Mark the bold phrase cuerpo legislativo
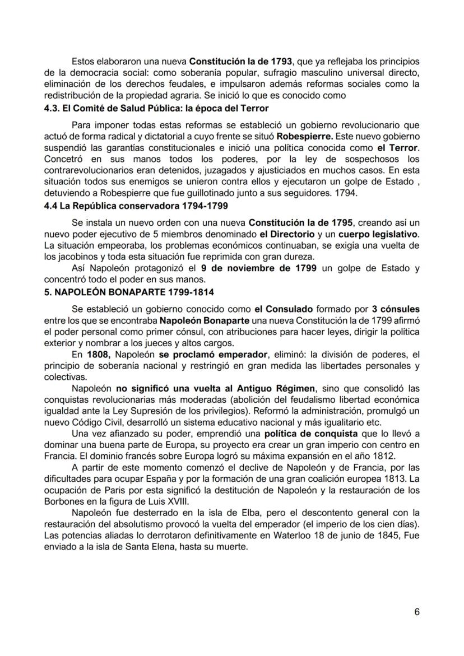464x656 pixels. pos(373,235)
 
